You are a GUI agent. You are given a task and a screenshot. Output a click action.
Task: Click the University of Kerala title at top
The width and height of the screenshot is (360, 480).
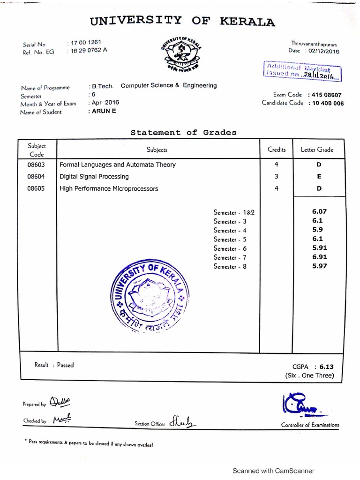click(x=182, y=21)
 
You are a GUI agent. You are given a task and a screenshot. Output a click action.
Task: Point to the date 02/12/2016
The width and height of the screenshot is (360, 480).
click(x=324, y=52)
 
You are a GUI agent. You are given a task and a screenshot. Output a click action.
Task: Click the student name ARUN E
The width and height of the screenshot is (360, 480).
click(x=102, y=111)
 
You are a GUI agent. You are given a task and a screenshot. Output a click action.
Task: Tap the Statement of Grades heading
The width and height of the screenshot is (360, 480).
click(x=183, y=133)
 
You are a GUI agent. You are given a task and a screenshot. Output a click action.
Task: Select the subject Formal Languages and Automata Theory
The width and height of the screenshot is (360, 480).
click(x=118, y=165)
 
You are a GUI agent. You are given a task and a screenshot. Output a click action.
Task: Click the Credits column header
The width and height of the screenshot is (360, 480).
click(x=277, y=150)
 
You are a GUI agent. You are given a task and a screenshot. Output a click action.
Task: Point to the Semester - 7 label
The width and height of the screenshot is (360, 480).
click(x=230, y=257)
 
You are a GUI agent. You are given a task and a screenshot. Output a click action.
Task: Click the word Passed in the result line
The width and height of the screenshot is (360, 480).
click(x=65, y=365)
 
